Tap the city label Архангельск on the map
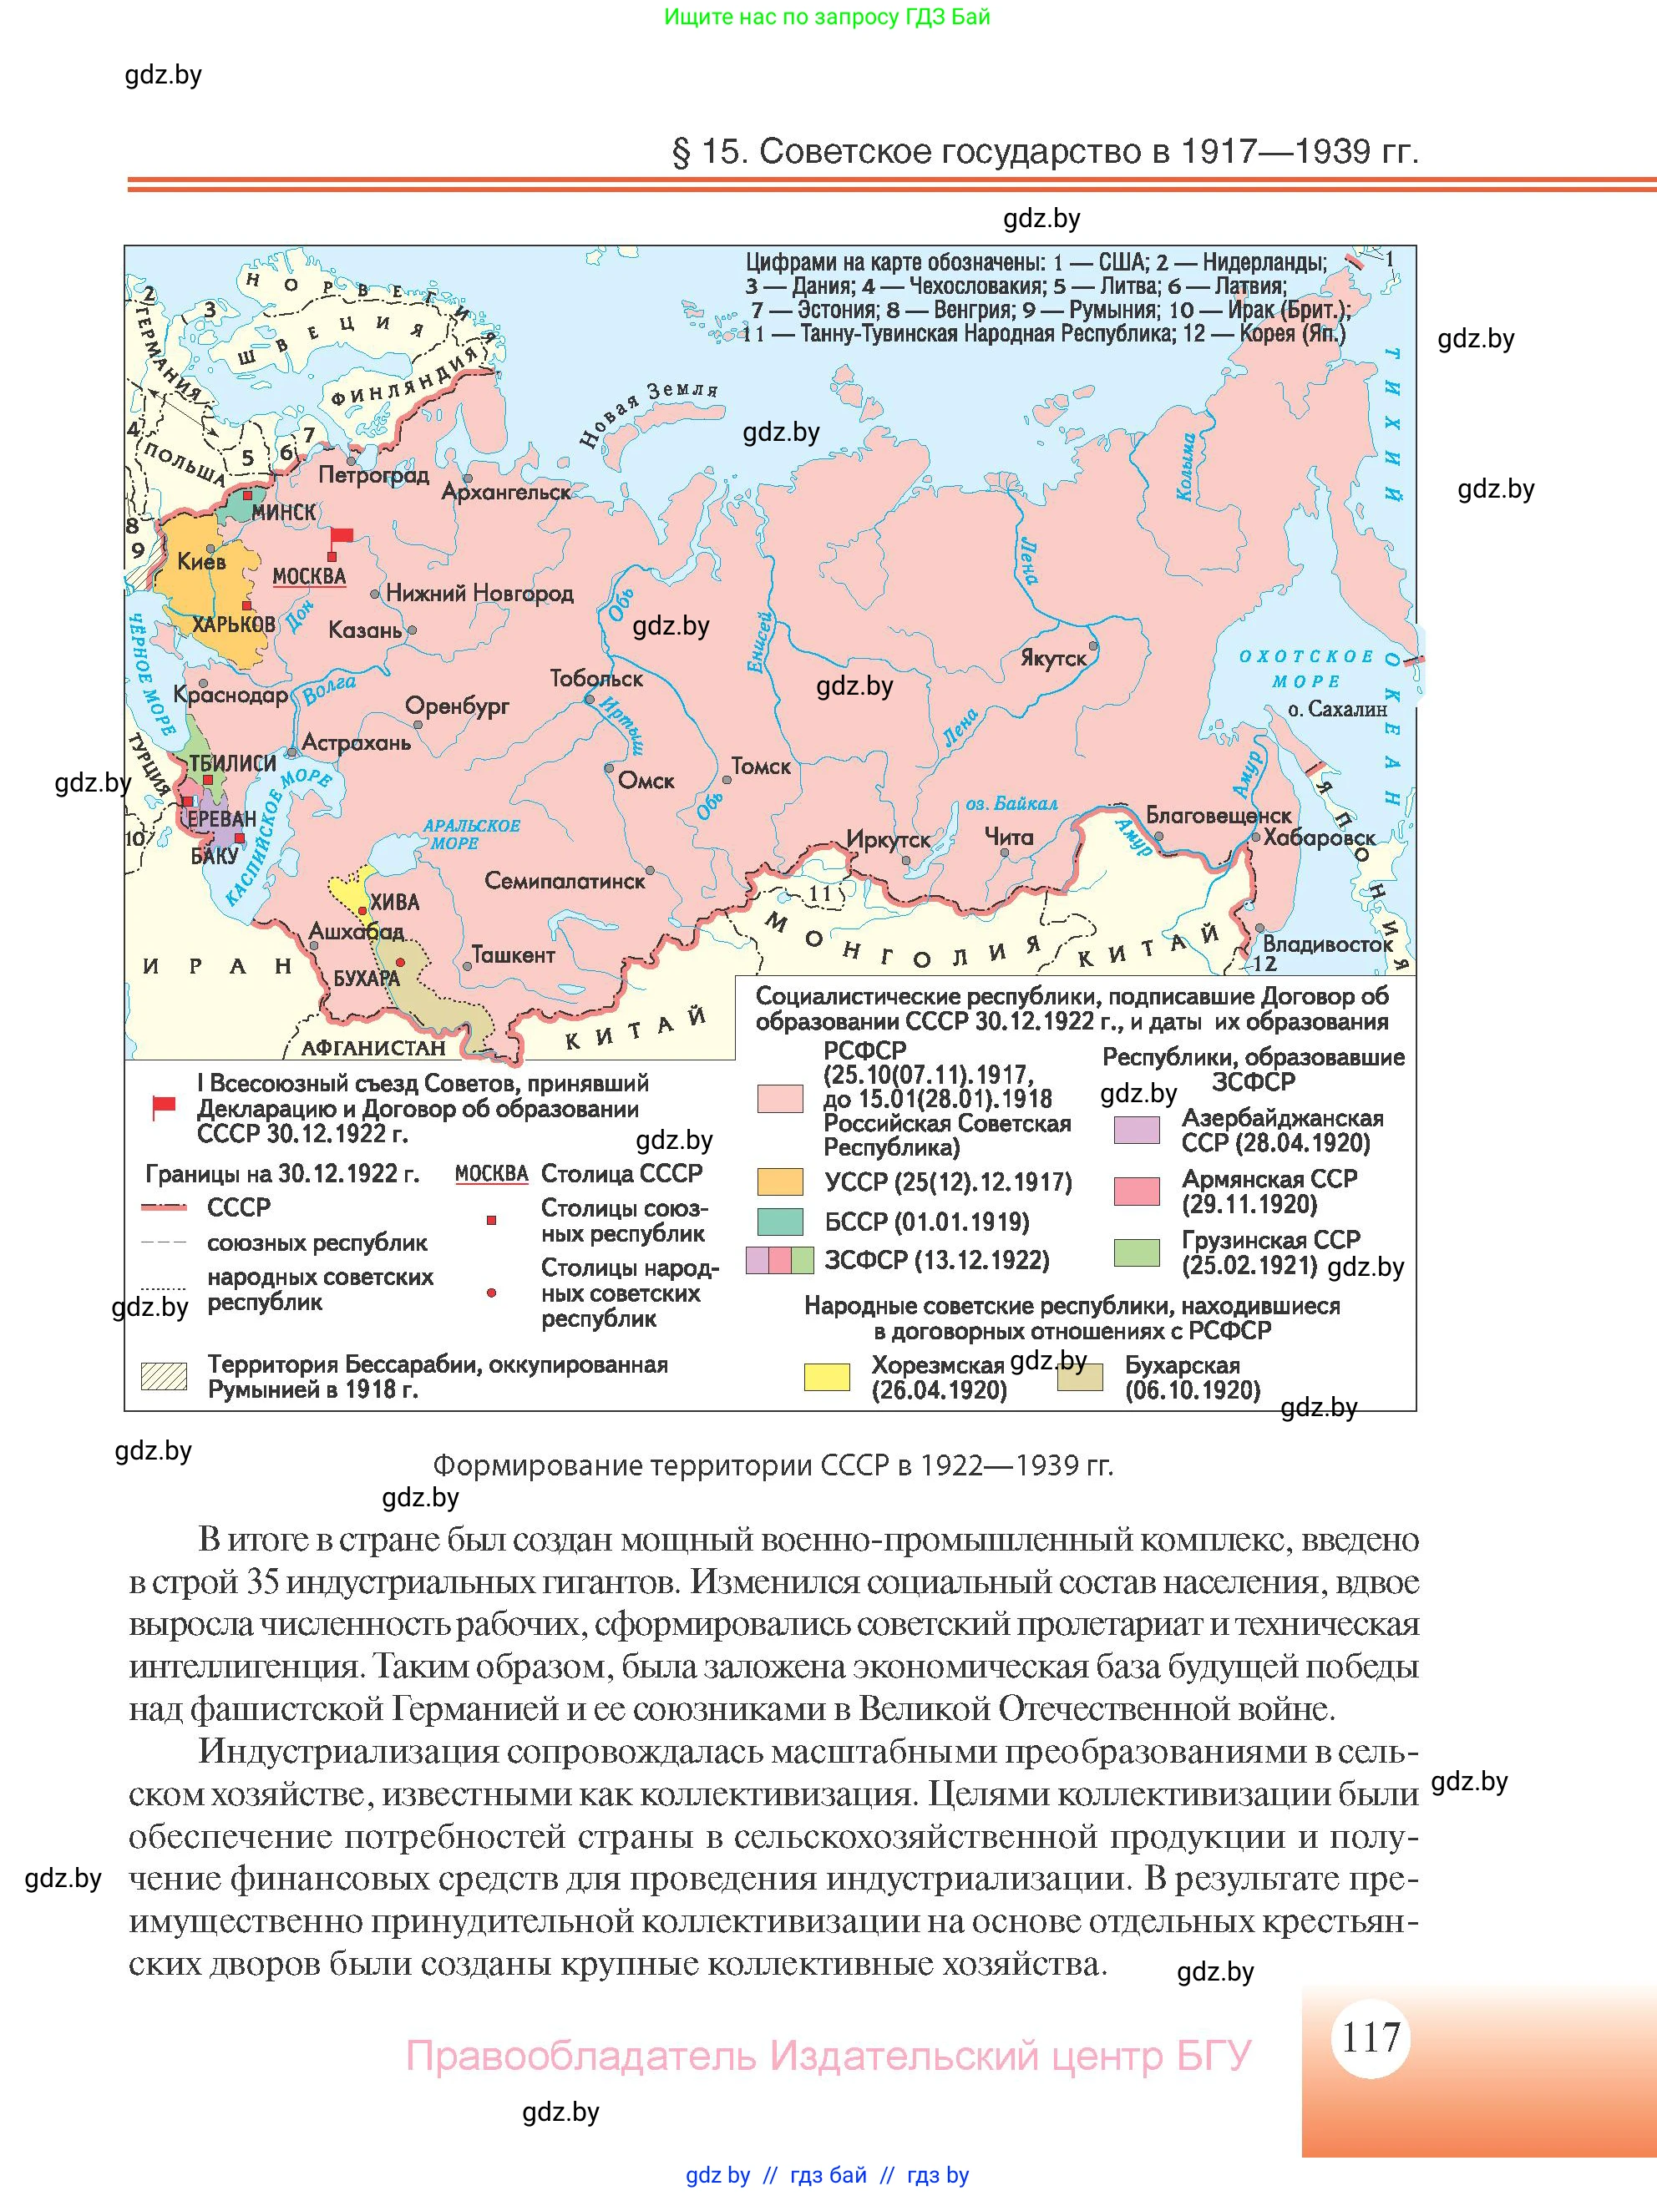(505, 492)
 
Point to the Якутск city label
(1053, 658)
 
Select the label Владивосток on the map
(1327, 944)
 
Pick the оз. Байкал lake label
(1011, 803)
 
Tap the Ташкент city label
(512, 955)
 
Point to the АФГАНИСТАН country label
(373, 1047)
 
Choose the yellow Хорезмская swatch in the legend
(826, 1377)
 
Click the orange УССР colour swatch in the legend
(779, 1181)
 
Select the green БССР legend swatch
(779, 1221)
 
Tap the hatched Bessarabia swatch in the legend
(164, 1376)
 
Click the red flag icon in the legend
(163, 1107)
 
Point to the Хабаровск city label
(1320, 837)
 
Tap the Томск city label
(761, 767)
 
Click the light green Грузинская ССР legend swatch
(1137, 1252)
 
